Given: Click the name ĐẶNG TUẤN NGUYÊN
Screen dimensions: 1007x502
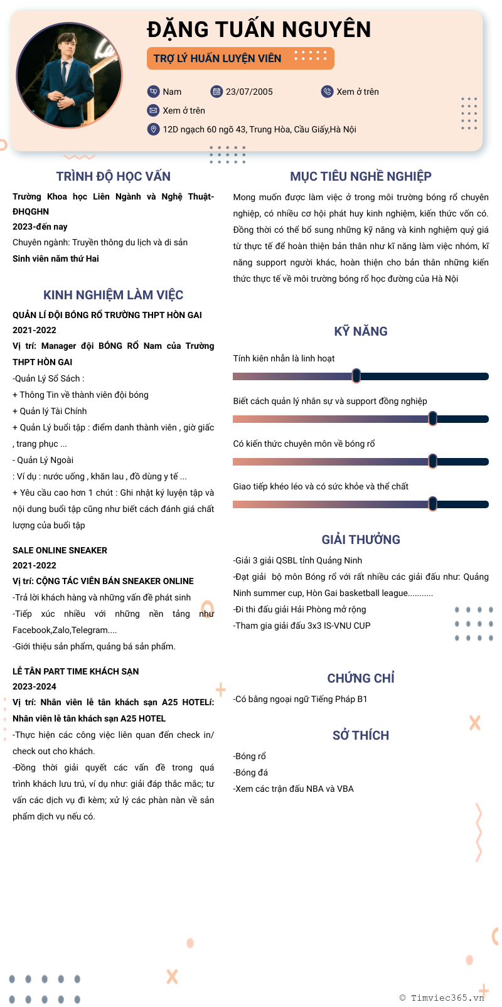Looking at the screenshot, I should click(259, 29).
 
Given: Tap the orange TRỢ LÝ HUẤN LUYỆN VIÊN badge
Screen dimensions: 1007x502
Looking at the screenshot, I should click(240, 58).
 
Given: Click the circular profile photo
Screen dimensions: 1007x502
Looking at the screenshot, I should click(69, 75).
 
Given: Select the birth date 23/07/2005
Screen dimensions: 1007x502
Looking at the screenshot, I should click(249, 92).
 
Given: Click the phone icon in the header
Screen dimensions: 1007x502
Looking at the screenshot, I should click(327, 92).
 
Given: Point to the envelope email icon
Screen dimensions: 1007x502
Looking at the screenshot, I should click(153, 110).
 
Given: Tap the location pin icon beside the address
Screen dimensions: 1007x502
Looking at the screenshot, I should click(153, 129).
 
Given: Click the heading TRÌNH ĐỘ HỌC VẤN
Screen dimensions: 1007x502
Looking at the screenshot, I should click(113, 176).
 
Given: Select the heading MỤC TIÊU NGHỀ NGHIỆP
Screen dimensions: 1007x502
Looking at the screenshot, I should click(361, 176).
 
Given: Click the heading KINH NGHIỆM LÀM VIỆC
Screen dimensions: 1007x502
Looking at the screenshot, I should click(113, 295).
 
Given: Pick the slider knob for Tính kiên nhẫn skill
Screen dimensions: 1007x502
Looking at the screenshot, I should click(356, 376).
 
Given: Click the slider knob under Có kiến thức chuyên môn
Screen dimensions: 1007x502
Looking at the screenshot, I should click(432, 461).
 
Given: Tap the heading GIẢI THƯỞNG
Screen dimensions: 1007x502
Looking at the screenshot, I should click(361, 540).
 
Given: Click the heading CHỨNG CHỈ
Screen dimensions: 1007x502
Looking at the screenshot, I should click(361, 678).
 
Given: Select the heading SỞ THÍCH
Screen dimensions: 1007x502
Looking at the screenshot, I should click(361, 735).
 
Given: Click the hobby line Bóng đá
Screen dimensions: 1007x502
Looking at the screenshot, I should click(251, 772).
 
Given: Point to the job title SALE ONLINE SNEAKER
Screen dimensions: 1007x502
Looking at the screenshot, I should click(60, 550).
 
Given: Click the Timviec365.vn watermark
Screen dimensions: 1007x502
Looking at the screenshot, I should click(442, 998).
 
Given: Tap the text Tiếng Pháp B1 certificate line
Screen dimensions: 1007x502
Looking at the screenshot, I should click(301, 699).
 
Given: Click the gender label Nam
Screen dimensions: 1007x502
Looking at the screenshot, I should click(172, 92).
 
